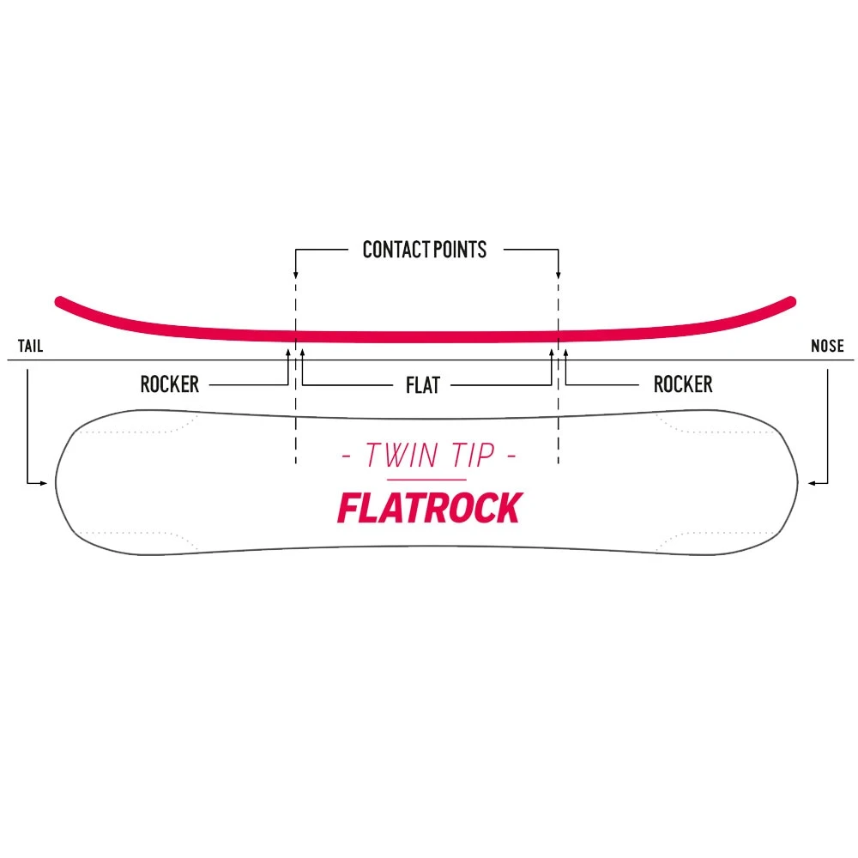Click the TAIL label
(x=30, y=347)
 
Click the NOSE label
(x=827, y=347)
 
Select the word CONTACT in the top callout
(x=394, y=250)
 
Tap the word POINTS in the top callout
(x=457, y=250)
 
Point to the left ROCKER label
(x=169, y=384)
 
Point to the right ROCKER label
(x=683, y=384)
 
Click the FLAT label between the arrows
(x=422, y=385)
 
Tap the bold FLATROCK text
(x=428, y=508)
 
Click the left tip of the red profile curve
(x=59, y=301)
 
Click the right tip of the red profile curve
(x=791, y=300)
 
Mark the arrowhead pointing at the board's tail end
(x=45, y=484)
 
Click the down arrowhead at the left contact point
(x=295, y=275)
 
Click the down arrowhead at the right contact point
(x=559, y=275)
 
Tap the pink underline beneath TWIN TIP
(x=426, y=479)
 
